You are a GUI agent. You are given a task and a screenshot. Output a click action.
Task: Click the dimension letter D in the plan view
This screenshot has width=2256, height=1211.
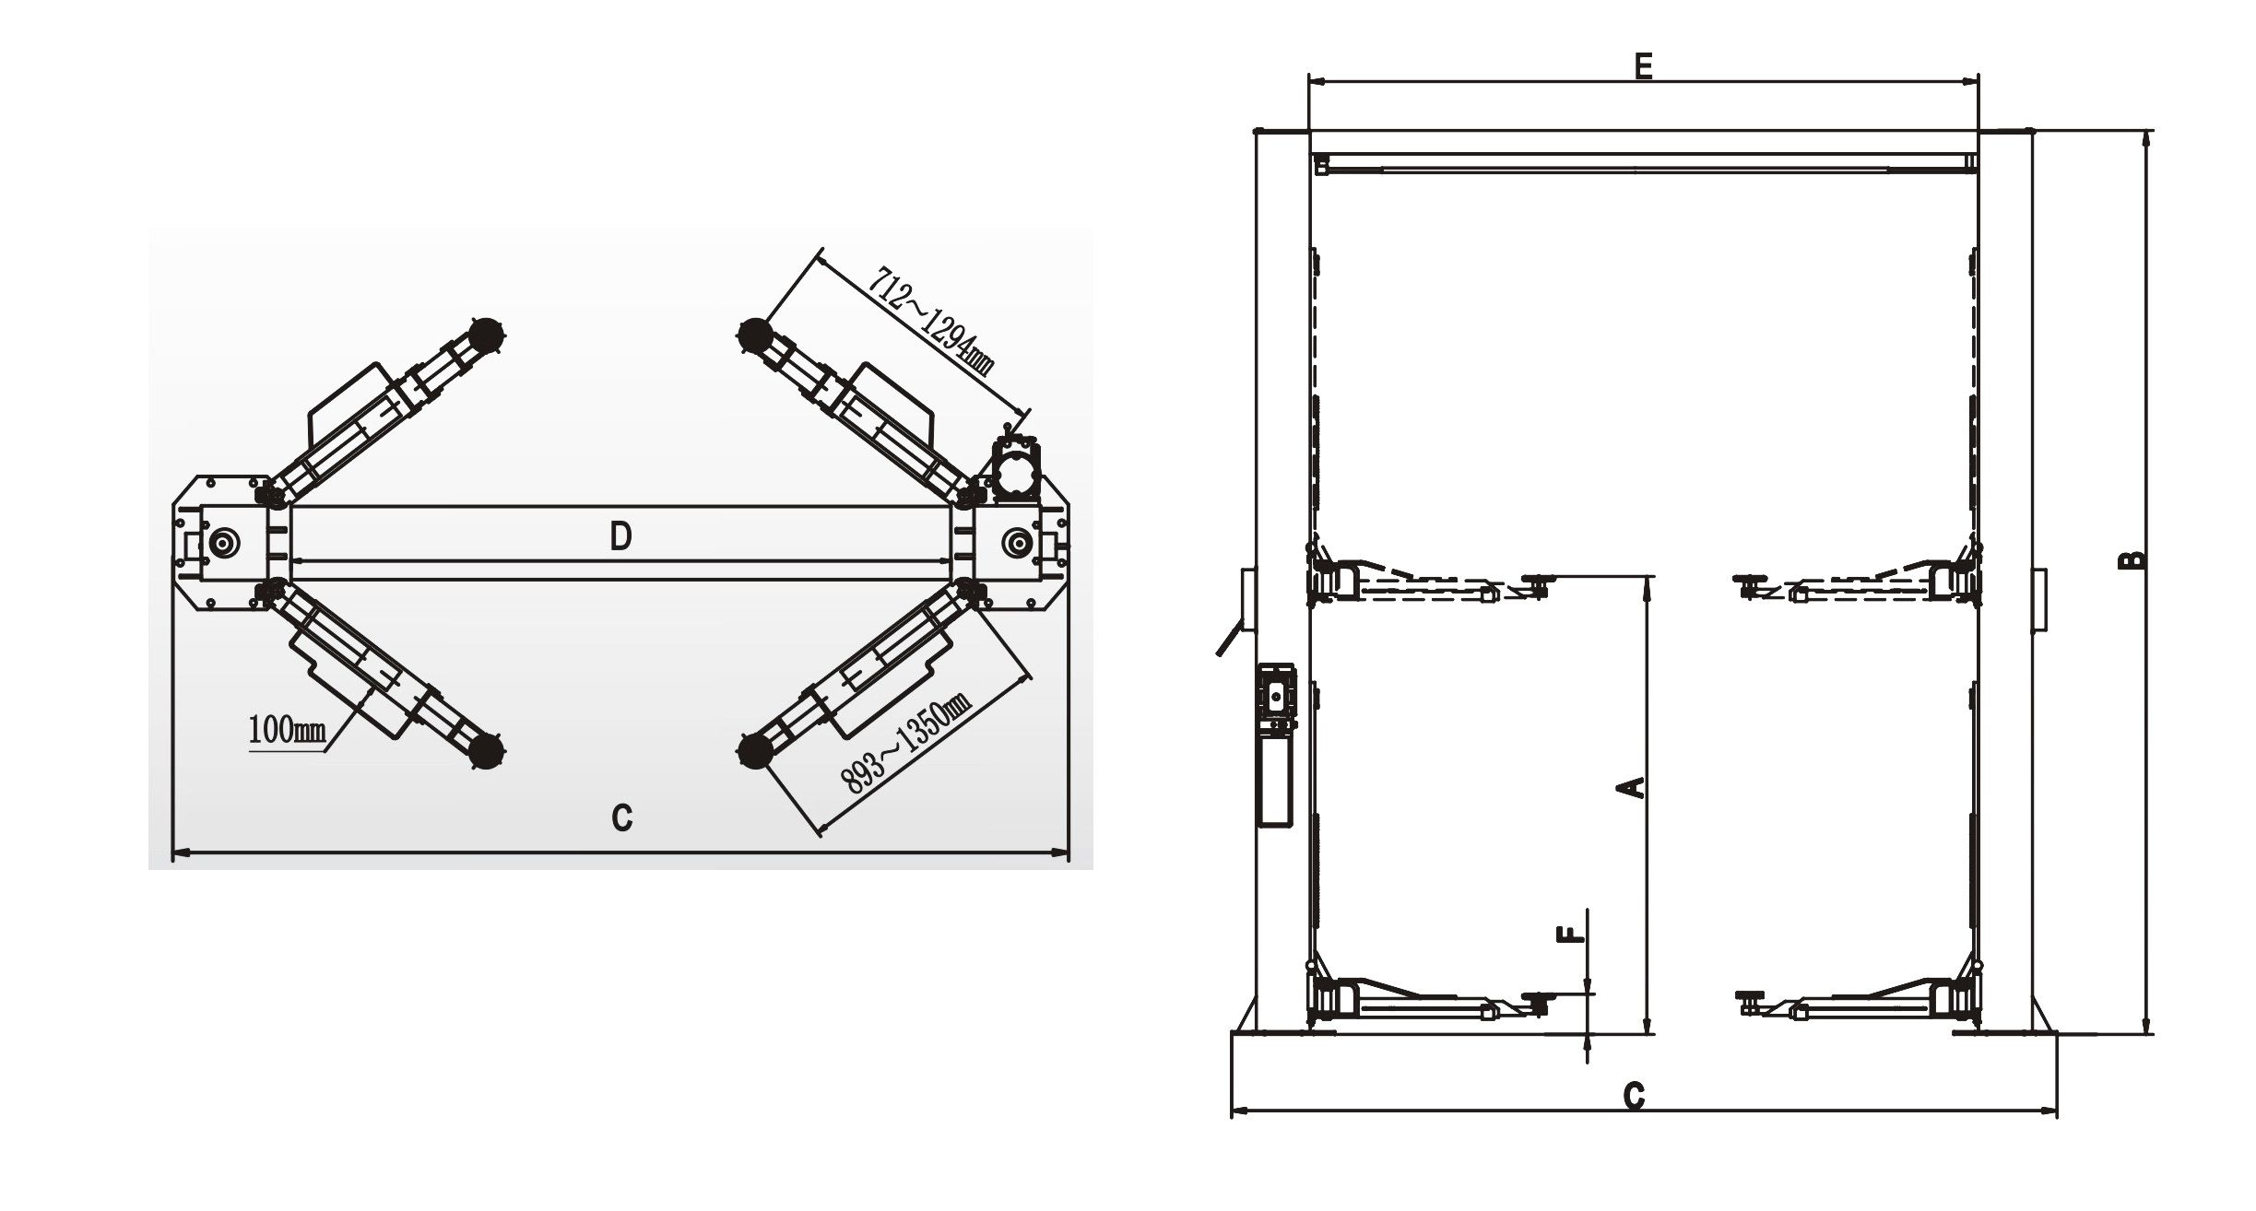621,535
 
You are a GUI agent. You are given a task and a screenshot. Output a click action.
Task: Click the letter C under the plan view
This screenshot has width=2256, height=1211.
622,817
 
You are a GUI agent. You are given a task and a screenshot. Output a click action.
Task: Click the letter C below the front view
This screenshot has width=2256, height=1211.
1634,1096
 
